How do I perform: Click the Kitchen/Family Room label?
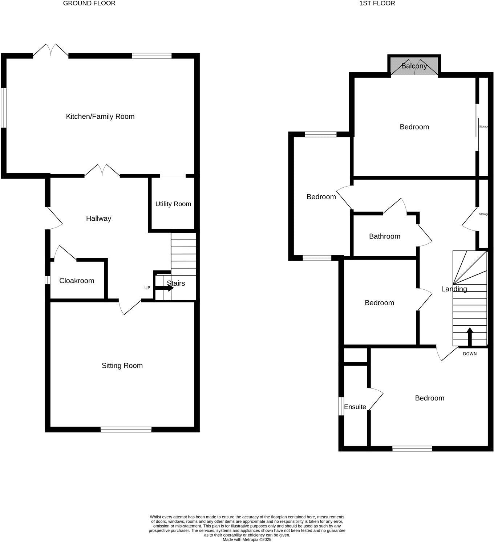click(100, 117)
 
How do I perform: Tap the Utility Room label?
click(173, 204)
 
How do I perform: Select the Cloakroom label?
click(77, 281)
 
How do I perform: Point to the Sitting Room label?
click(122, 366)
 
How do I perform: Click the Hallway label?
click(98, 219)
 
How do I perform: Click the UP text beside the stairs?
click(147, 288)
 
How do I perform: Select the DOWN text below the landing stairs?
click(470, 354)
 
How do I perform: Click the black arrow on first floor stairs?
click(470, 336)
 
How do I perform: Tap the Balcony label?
click(414, 66)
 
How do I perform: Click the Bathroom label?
click(385, 236)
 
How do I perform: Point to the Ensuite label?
click(355, 407)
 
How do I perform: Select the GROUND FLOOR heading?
click(89, 3)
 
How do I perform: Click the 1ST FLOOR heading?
click(377, 3)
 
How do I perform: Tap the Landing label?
click(454, 289)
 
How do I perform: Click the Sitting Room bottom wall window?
click(126, 430)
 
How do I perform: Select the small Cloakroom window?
click(47, 280)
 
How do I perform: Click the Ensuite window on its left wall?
click(341, 406)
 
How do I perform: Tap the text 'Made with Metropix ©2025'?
click(247, 539)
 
